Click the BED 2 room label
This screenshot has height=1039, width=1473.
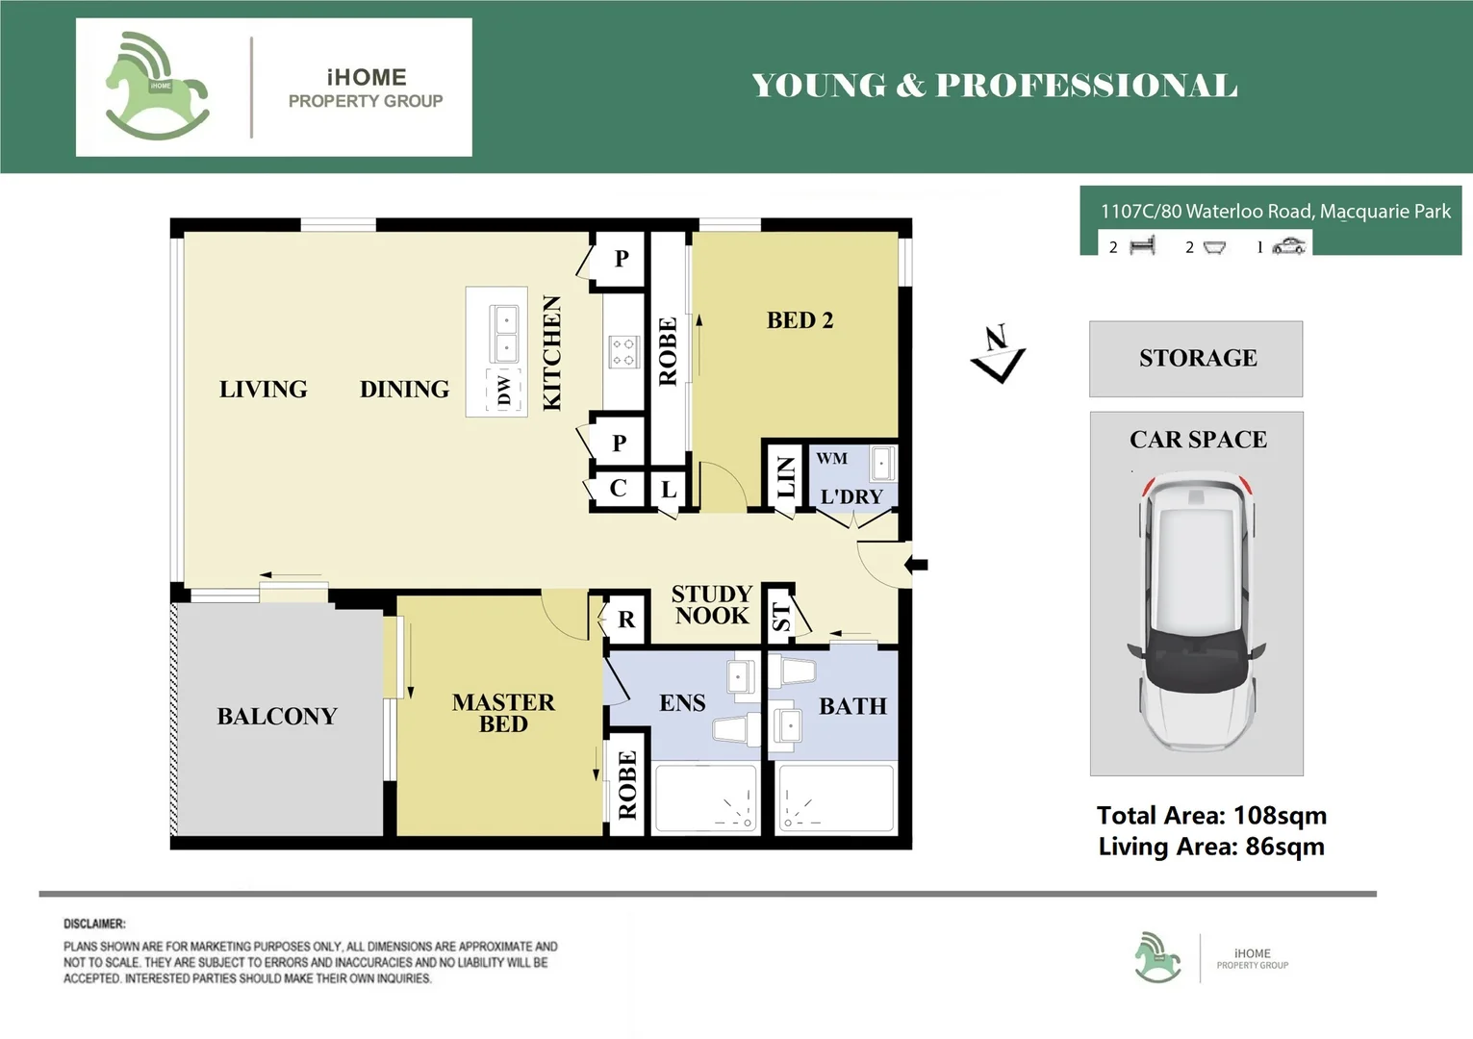(x=800, y=320)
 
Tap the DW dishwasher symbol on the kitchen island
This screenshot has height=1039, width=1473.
(x=504, y=391)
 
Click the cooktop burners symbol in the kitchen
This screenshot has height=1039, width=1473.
(x=623, y=352)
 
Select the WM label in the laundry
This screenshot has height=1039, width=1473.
(x=832, y=459)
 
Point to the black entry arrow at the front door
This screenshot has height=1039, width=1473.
(x=917, y=565)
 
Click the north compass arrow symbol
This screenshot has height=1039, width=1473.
(x=998, y=354)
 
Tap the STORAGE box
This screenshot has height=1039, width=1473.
(x=1196, y=359)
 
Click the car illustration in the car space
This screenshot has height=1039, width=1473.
(x=1197, y=611)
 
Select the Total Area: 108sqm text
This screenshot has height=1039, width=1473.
(x=1211, y=816)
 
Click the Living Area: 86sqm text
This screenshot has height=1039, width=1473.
(x=1211, y=847)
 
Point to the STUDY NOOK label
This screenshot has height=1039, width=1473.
(x=711, y=605)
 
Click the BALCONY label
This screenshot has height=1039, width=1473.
(x=277, y=717)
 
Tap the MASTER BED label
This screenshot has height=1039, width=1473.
(x=503, y=713)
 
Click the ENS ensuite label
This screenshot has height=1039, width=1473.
(x=682, y=703)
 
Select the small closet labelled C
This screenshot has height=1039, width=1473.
(x=619, y=489)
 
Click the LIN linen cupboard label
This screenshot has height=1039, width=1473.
(x=786, y=477)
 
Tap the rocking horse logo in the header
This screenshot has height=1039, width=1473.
(x=156, y=87)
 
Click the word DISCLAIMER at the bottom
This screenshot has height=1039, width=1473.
(x=94, y=924)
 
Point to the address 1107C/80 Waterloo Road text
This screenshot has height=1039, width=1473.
(x=1275, y=212)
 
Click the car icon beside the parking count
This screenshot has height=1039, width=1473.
(x=1288, y=247)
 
